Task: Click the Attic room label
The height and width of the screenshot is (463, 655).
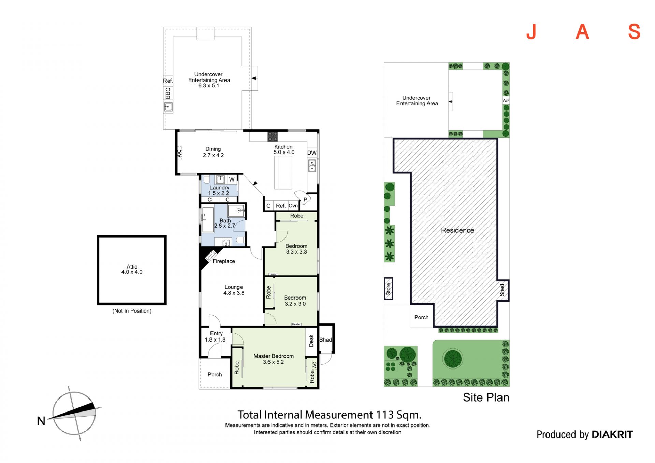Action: click(x=132, y=266)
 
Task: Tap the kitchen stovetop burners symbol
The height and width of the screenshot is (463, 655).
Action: click(x=273, y=136)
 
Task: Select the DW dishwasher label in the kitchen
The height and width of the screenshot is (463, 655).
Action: click(x=312, y=153)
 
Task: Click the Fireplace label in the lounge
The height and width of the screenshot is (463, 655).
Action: click(x=224, y=261)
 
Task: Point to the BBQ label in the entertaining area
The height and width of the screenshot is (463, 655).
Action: click(x=168, y=93)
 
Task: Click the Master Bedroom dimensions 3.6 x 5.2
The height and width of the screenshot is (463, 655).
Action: click(x=273, y=362)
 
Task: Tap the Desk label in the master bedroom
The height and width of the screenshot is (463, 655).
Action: click(x=311, y=341)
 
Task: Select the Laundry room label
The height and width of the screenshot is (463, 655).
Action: click(x=219, y=188)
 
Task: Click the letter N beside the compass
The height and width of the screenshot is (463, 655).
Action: click(x=41, y=421)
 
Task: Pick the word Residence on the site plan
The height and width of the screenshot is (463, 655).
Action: click(x=457, y=230)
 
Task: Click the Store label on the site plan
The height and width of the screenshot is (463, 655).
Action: click(x=388, y=289)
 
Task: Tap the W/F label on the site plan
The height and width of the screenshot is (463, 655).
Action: click(x=506, y=100)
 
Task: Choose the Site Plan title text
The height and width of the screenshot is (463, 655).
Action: click(x=486, y=397)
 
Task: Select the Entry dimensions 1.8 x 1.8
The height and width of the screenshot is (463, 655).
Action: click(x=215, y=339)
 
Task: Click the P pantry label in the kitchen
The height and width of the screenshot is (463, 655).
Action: click(x=305, y=200)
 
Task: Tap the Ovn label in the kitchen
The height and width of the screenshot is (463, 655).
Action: click(x=293, y=206)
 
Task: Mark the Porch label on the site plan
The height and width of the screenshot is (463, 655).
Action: click(x=421, y=317)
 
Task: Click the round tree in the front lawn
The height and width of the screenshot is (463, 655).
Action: click(x=453, y=359)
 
